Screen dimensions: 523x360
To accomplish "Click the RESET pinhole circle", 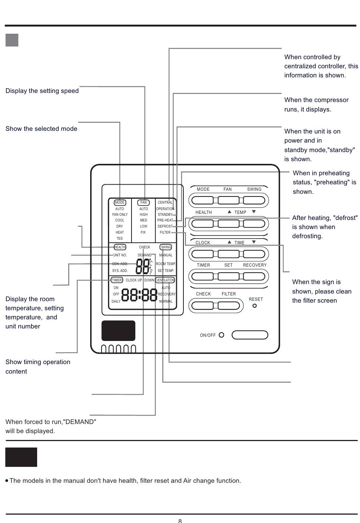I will click(x=255, y=306).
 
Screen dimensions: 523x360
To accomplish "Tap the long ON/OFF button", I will click(x=250, y=335).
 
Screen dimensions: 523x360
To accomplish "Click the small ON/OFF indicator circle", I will click(x=222, y=335).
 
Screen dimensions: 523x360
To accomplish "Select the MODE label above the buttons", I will click(x=203, y=189).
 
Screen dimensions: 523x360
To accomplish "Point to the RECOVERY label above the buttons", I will click(x=255, y=265).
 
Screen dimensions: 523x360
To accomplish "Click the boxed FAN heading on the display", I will click(x=144, y=203).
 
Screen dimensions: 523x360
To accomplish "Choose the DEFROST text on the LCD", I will click(x=165, y=226).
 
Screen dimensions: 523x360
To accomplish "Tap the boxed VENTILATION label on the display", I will click(x=165, y=280).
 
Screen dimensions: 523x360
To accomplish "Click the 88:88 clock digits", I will click(x=139, y=295).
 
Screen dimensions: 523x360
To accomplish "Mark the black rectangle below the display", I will click(x=118, y=331).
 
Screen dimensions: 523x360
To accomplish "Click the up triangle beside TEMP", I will click(x=229, y=212).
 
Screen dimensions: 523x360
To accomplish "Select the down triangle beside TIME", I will click(x=254, y=242).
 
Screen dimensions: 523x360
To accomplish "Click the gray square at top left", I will click(x=12, y=40).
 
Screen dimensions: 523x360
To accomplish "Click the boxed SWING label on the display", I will click(x=166, y=247).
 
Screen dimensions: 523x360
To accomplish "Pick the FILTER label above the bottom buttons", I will click(x=229, y=294).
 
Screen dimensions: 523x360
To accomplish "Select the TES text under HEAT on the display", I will click(x=120, y=239).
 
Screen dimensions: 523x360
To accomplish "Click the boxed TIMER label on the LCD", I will click(x=117, y=280).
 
